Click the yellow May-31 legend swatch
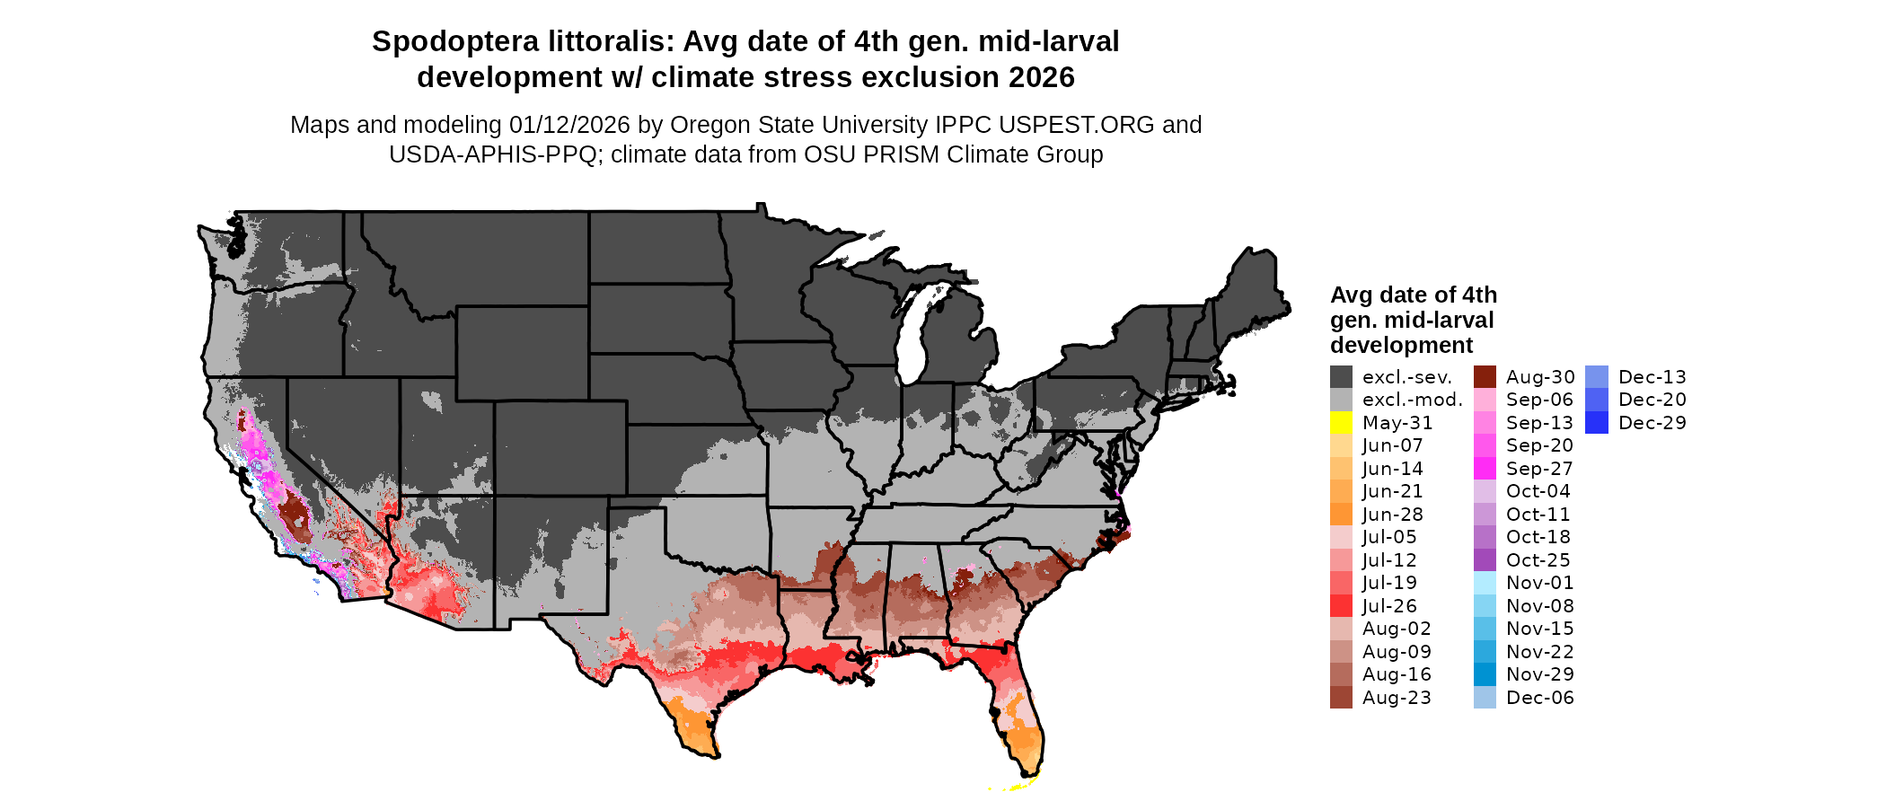point(1341,423)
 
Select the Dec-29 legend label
point(1652,423)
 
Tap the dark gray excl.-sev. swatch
point(1341,377)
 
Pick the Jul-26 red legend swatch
point(1341,606)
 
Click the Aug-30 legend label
point(1539,377)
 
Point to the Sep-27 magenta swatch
point(1485,469)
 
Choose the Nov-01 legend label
point(1539,583)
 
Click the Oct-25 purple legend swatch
point(1485,560)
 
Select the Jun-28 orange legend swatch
point(1341,515)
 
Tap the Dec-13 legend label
point(1652,377)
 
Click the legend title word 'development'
point(1401,346)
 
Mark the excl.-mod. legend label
point(1412,400)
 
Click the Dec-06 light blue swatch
point(1485,698)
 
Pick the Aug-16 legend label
point(1397,674)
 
